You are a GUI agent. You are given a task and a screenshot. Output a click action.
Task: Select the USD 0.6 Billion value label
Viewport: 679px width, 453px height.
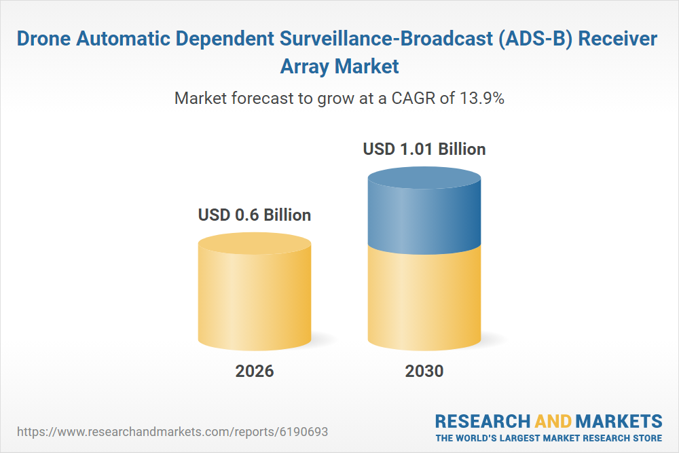(255, 215)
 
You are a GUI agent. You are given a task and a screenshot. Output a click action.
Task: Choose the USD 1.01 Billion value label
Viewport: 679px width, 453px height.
(424, 149)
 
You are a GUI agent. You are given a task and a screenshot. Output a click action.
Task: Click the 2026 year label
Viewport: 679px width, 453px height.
(255, 372)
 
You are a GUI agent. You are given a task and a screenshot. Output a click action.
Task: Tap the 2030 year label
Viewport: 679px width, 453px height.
(424, 372)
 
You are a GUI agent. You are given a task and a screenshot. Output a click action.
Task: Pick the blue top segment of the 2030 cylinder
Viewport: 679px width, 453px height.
(424, 211)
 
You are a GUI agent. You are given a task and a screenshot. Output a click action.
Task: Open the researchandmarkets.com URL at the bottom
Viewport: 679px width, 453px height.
(176, 431)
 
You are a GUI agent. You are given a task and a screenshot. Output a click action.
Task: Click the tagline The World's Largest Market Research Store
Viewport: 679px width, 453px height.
(549, 437)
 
